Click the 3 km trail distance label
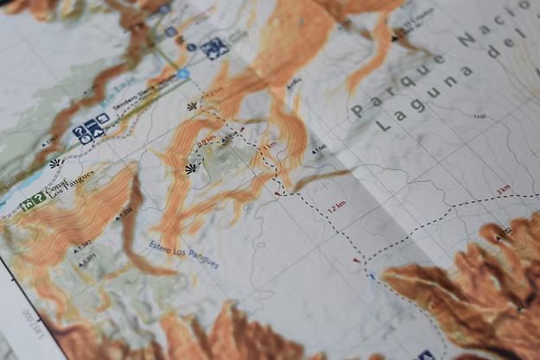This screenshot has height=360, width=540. click(x=503, y=188)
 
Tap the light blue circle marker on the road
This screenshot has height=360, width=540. click(x=184, y=75)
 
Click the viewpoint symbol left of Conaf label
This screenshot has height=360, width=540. click(x=54, y=162)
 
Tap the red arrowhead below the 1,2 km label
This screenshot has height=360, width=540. click(x=355, y=258)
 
